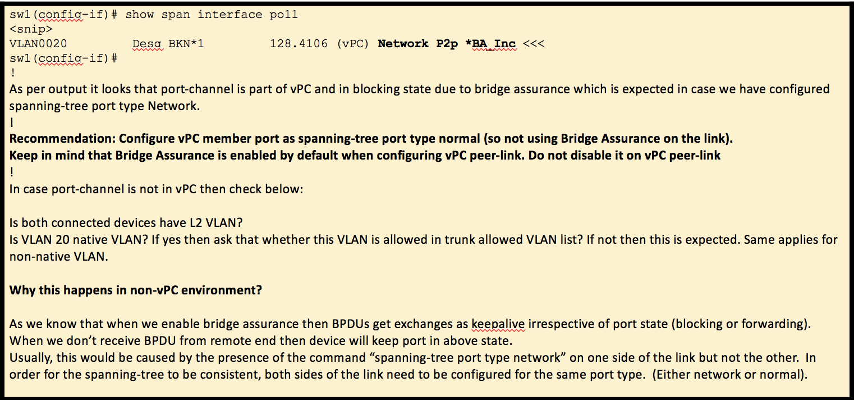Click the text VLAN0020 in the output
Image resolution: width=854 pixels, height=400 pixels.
(x=39, y=44)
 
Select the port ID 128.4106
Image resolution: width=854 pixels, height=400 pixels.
(x=299, y=44)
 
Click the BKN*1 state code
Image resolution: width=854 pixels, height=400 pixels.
(x=186, y=44)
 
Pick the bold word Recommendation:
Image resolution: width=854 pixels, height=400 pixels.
(x=62, y=139)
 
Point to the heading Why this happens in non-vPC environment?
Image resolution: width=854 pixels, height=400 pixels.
(x=136, y=290)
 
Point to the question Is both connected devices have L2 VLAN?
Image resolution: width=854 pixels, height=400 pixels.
(x=126, y=223)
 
